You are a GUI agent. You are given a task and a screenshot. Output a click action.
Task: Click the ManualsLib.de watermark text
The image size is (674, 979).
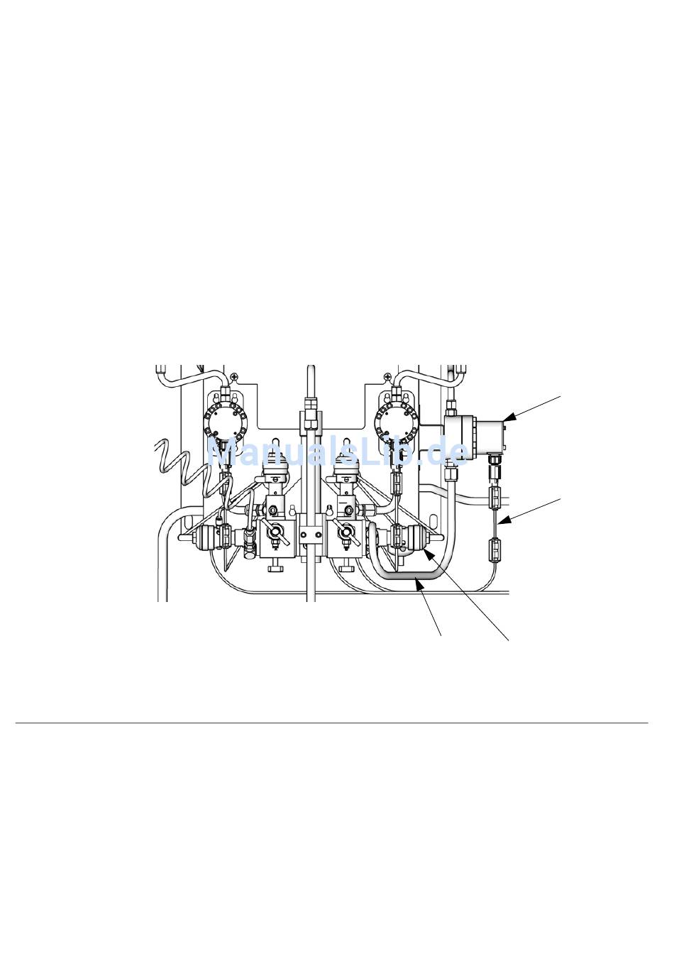337,451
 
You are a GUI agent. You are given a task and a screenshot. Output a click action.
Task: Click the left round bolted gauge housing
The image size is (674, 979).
225,422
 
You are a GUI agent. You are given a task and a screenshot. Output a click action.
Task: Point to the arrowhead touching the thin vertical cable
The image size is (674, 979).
503,520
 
